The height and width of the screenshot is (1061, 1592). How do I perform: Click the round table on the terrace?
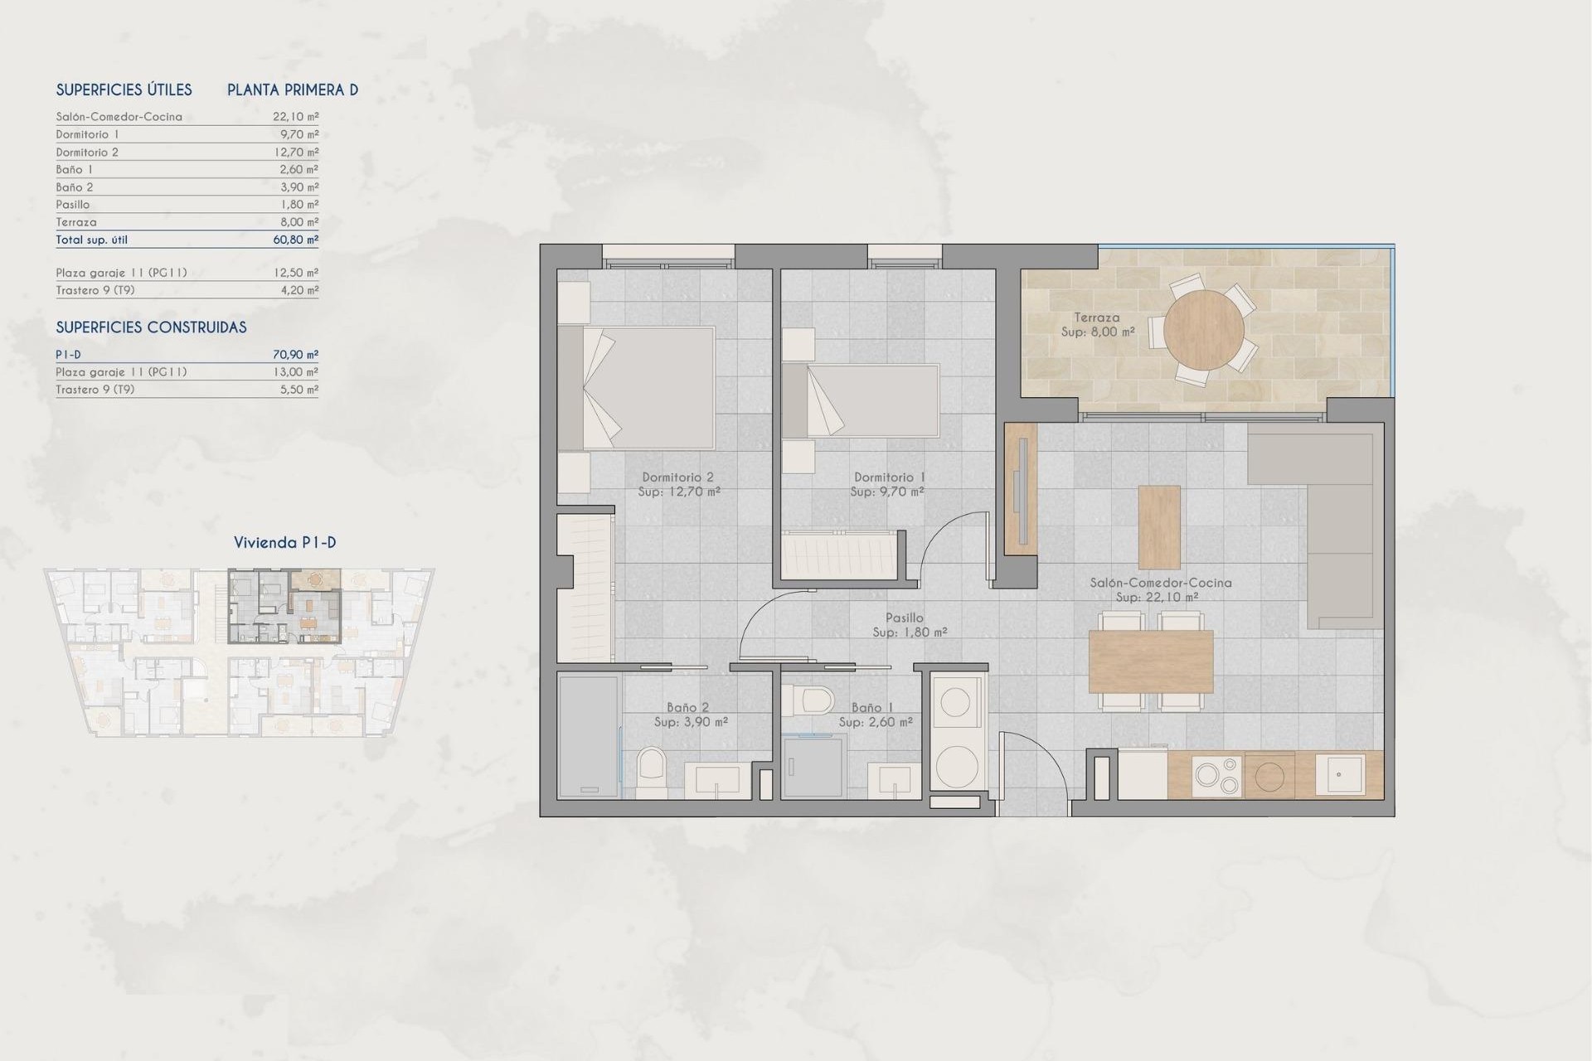1203,330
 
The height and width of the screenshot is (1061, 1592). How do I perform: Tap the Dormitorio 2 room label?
677,477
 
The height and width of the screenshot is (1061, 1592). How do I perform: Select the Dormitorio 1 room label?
889,477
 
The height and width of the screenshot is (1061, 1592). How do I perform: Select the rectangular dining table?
1150,661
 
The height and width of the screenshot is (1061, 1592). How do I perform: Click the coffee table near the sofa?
1159,526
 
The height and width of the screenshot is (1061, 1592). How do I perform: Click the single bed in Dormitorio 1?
862,400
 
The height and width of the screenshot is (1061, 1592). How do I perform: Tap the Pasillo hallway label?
904,618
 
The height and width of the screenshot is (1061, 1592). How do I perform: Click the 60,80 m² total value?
296,240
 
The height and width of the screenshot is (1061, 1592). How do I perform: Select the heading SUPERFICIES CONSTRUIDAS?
151,327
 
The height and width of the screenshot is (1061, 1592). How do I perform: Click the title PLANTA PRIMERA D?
293,90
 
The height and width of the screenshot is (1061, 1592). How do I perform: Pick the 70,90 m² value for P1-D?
296,355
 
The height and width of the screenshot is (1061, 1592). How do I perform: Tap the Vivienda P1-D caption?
284,543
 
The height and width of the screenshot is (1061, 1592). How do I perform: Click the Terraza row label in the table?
76,222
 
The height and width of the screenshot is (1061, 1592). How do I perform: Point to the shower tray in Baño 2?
589,736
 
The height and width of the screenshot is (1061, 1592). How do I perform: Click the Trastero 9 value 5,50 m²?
298,390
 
